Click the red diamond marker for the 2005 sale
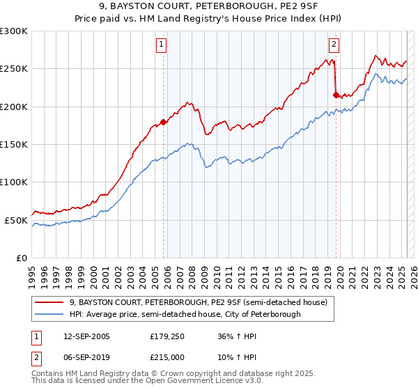164,122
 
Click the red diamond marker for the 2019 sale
336,95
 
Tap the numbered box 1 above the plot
161,45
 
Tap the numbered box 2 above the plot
334,45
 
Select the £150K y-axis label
14,144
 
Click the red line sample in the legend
49,302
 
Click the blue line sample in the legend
49,314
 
